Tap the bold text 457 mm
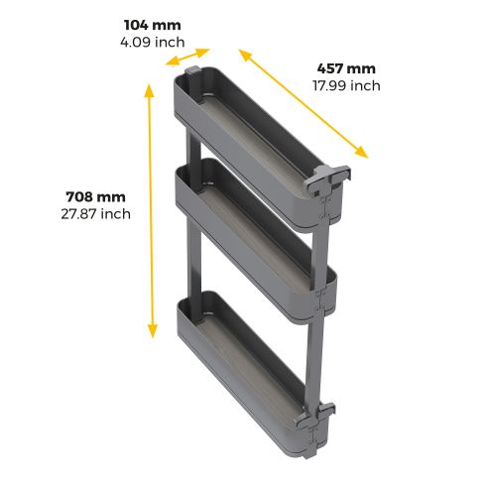coord(346,68)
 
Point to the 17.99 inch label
coord(346,85)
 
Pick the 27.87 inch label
coord(94,212)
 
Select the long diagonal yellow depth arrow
coord(303,102)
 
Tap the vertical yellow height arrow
coord(150,211)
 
